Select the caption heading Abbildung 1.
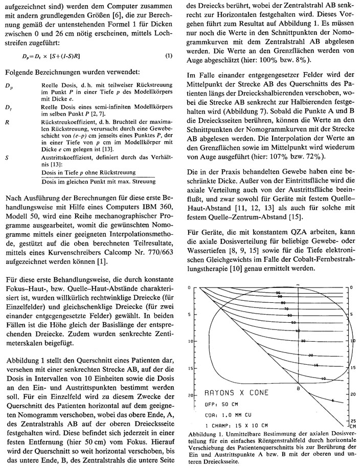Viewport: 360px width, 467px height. (207, 434)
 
